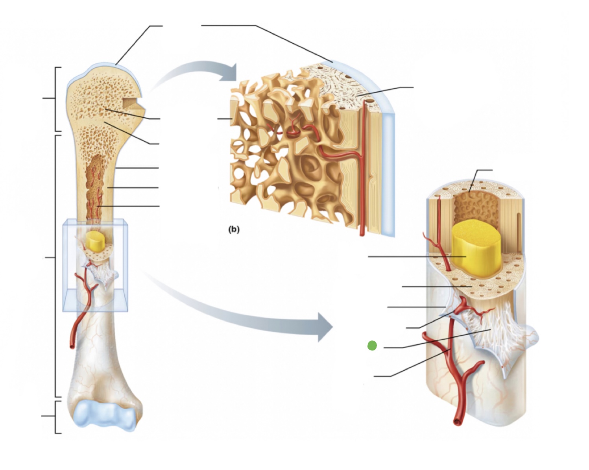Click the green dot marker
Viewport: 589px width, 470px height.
[372, 346]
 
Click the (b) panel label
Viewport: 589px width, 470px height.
[234, 229]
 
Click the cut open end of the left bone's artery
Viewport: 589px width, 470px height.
[72, 345]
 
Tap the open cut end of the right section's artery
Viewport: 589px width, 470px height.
[458, 422]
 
